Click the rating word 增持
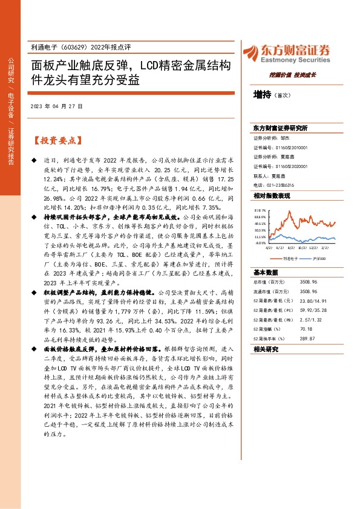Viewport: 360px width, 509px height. [262, 94]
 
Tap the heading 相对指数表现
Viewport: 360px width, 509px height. [272, 196]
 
